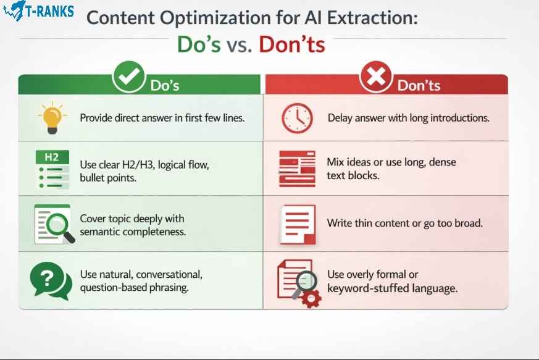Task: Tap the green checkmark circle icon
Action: [128, 78]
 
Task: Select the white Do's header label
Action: [165, 85]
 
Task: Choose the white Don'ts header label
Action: [419, 85]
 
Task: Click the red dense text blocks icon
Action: [296, 168]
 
